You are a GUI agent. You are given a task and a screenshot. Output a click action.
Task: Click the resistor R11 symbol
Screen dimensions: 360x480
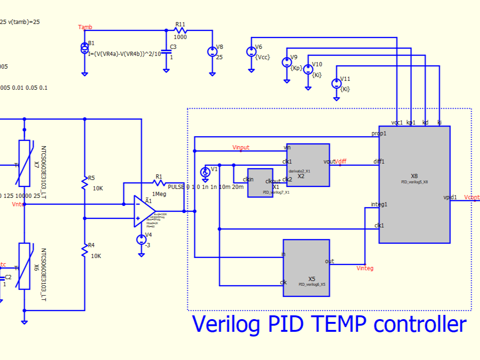click(x=181, y=30)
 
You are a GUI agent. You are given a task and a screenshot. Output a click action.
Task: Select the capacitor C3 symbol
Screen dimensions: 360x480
click(x=166, y=51)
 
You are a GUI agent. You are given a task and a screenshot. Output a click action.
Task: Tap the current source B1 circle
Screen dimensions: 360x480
click(x=85, y=47)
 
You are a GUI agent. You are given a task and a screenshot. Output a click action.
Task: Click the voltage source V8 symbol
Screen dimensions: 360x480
click(x=212, y=52)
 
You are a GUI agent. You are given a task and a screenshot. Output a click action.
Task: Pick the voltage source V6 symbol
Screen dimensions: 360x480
click(x=252, y=52)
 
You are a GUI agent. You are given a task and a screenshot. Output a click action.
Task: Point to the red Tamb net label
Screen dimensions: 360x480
click(x=85, y=27)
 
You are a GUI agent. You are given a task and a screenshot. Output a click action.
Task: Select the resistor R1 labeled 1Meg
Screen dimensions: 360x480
click(x=159, y=183)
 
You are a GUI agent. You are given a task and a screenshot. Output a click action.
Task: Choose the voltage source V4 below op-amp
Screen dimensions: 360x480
click(x=142, y=240)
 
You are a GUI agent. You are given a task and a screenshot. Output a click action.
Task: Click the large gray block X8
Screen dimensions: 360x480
click(x=414, y=184)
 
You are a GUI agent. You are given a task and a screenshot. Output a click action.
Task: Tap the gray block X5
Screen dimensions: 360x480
click(x=307, y=268)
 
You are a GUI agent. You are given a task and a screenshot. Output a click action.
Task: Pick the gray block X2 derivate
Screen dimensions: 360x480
click(x=308, y=165)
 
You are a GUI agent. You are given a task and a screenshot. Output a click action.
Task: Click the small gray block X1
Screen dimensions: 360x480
click(x=260, y=182)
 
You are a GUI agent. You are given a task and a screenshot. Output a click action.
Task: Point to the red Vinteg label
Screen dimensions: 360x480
click(x=365, y=268)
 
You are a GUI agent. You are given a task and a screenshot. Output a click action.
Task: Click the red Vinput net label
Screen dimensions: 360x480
click(x=241, y=148)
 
